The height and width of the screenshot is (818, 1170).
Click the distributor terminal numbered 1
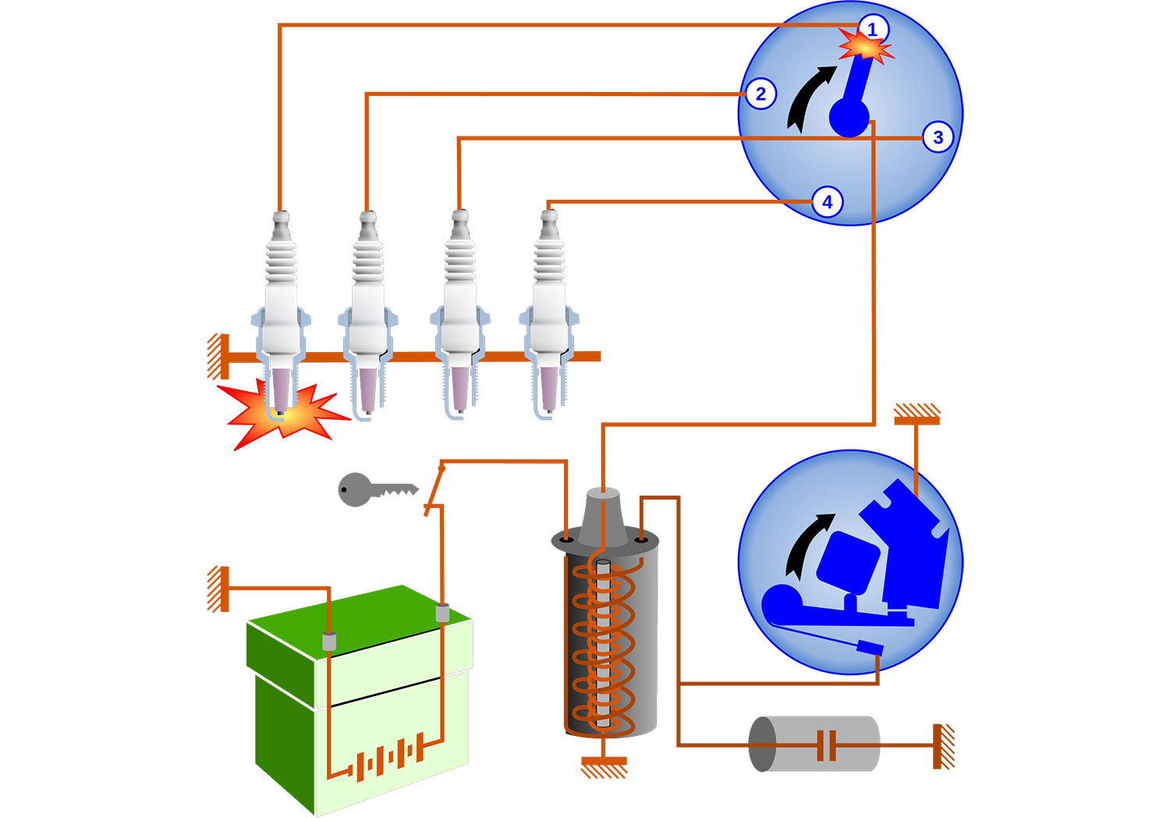coord(872,30)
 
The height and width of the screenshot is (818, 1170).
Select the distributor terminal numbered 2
coord(760,94)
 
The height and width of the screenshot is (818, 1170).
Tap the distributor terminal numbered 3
coord(938,137)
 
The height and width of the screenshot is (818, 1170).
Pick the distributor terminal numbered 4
coord(827,202)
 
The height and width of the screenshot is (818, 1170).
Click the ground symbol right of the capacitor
coord(944,746)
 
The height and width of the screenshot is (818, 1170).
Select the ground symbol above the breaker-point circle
coord(916,414)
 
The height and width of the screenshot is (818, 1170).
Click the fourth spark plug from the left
coord(550,312)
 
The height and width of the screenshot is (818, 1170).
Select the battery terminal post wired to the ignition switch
coord(442,612)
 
